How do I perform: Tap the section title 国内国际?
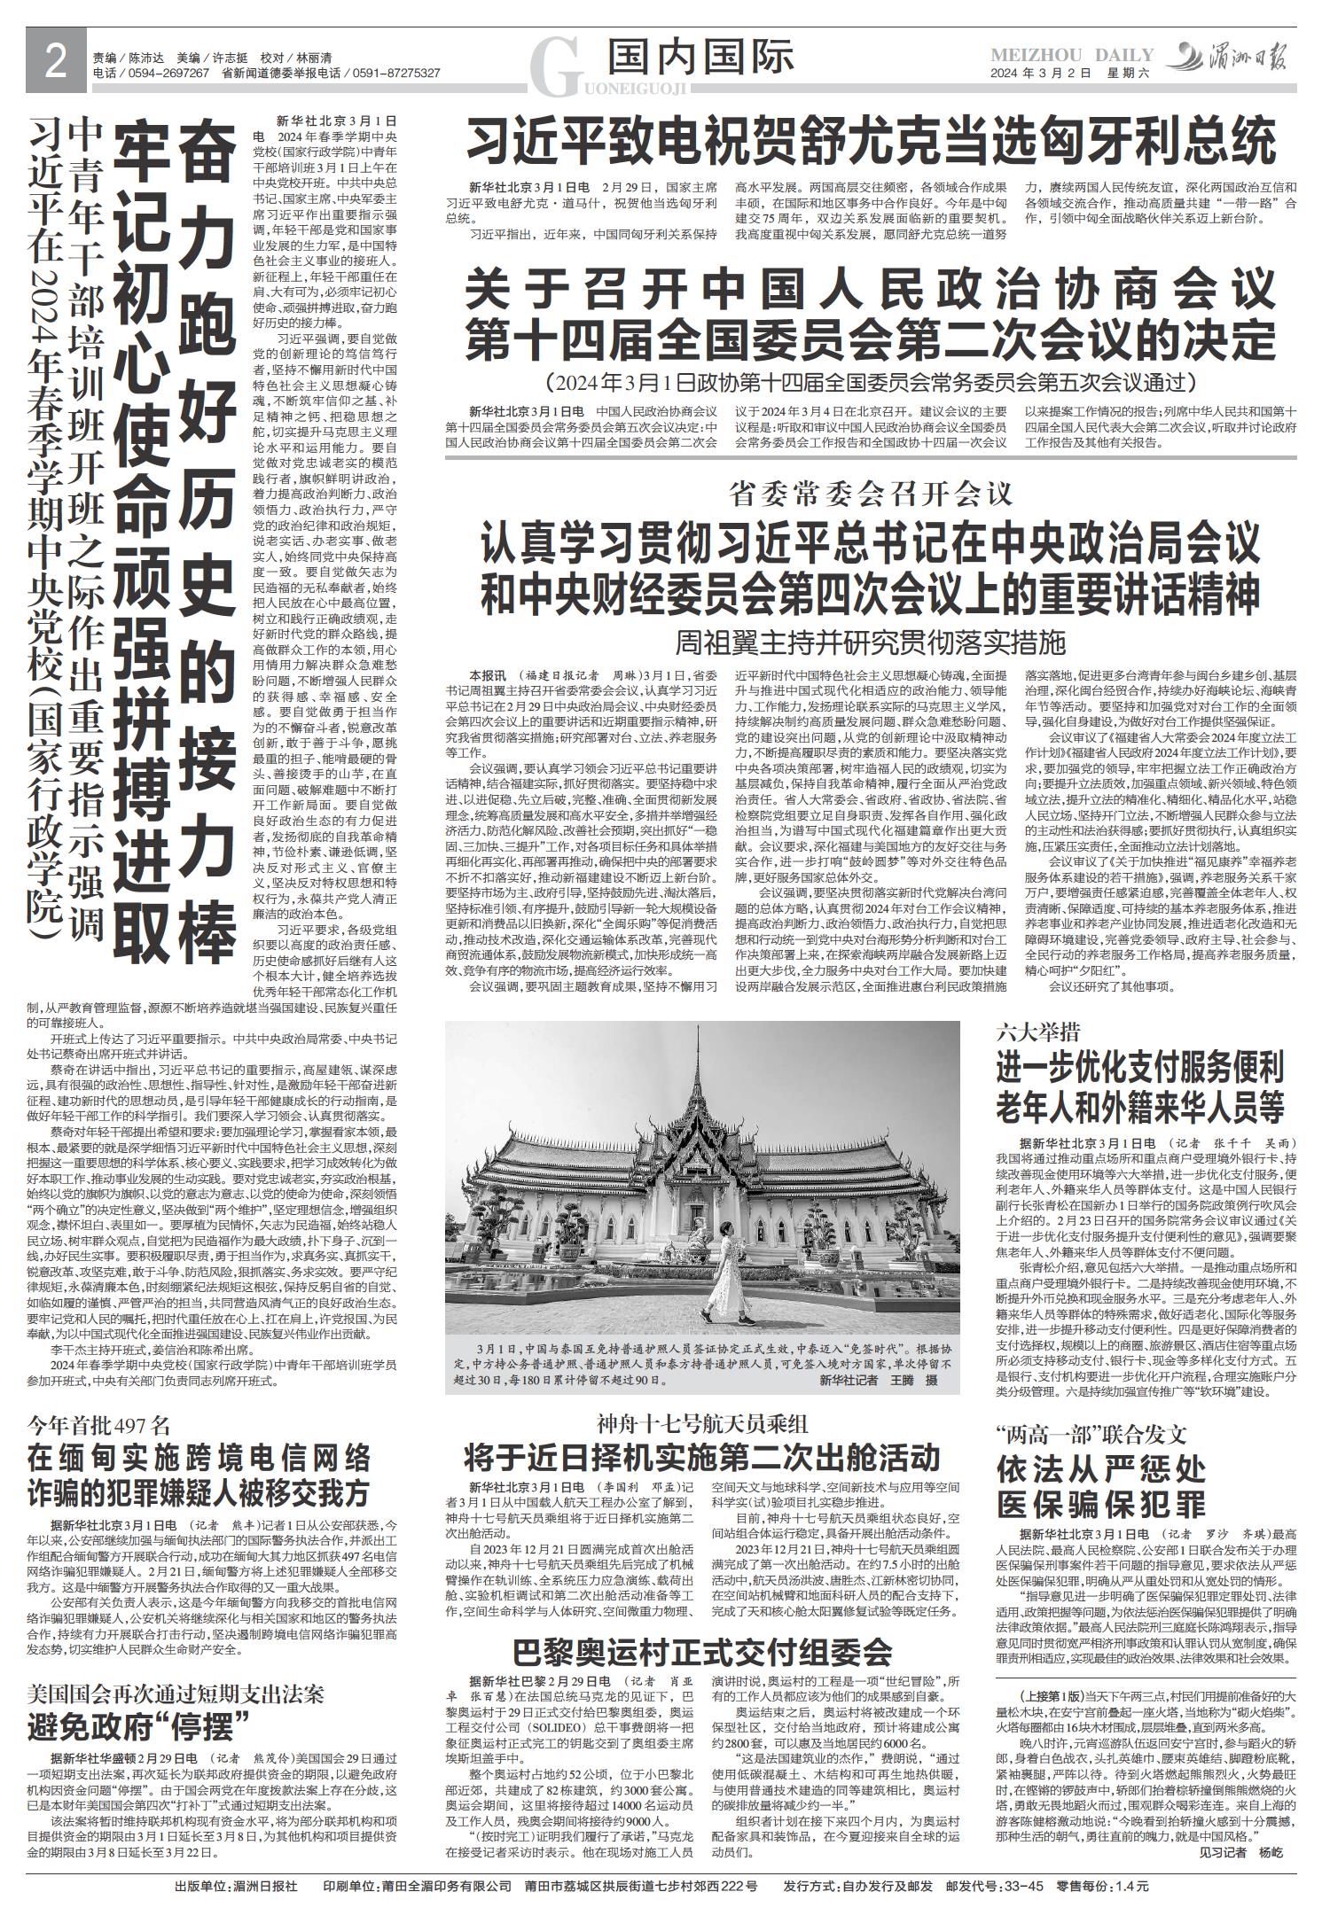(x=700, y=58)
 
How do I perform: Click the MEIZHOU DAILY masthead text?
(x=1071, y=56)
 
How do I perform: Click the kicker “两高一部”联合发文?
(x=1091, y=1434)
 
